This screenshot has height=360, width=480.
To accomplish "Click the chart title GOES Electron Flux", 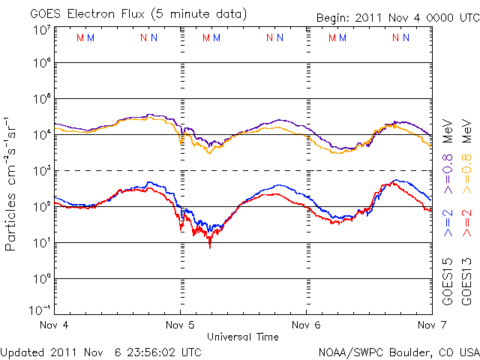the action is (x=87, y=14).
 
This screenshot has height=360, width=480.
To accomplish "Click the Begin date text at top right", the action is (x=398, y=18).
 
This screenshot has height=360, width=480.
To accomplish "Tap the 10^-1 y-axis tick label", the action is (x=40, y=310).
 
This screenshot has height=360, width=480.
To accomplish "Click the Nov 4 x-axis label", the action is (x=54, y=325).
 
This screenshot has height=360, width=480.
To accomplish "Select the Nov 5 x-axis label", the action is (x=180, y=325).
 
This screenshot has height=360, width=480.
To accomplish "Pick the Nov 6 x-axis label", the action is (x=306, y=325).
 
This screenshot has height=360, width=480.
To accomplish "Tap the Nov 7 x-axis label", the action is (x=432, y=325).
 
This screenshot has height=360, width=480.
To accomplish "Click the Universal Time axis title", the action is (x=243, y=337).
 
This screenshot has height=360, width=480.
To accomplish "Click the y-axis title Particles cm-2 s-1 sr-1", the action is (x=10, y=184).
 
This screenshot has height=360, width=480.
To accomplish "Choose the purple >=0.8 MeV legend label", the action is (x=448, y=156).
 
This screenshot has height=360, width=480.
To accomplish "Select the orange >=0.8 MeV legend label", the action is (x=466, y=156).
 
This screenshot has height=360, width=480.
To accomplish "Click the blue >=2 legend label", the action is (x=448, y=223).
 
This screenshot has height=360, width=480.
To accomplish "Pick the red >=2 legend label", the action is (x=466, y=223).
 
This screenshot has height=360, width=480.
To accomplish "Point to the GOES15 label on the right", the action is (x=448, y=282).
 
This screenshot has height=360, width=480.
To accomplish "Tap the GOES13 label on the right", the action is (x=466, y=282).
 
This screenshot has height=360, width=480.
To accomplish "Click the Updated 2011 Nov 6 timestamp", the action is (x=100, y=352).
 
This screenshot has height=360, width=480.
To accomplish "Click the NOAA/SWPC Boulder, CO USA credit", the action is (x=399, y=352).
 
